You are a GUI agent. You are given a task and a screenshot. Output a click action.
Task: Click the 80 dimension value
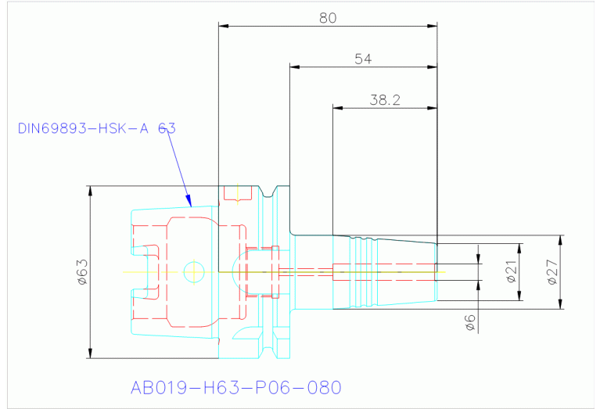tap(328, 18)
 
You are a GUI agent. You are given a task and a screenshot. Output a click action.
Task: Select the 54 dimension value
tap(363, 59)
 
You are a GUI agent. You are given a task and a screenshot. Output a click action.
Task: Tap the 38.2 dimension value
tap(385, 100)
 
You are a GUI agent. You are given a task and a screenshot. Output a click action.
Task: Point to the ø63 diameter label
tap(82, 272)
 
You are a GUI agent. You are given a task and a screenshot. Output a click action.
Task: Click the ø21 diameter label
tap(512, 272)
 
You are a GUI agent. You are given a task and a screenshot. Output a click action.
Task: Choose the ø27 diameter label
tap(552, 272)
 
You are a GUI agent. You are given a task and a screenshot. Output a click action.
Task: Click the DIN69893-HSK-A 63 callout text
tap(97, 128)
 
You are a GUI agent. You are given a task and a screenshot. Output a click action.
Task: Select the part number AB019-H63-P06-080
tap(235, 387)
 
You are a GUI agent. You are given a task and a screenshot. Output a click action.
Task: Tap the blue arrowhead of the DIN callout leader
tap(189, 200)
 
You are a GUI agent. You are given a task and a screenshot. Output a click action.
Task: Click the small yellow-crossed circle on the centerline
tap(194, 272)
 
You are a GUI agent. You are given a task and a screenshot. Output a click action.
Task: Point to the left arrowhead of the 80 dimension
tap(224, 26)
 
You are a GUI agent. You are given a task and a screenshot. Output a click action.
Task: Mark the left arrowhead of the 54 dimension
tap(295, 67)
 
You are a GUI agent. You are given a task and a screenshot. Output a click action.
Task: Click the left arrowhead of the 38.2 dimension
tap(338, 108)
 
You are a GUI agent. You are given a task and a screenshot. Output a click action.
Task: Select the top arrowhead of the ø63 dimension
tap(90, 191)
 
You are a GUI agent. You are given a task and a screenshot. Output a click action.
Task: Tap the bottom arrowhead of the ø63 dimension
tap(90, 353)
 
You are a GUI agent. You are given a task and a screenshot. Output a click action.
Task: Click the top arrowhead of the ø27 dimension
tap(561, 240)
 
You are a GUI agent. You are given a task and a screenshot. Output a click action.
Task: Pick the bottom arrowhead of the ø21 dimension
tap(519, 296)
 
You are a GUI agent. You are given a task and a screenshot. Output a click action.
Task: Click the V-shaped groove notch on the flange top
tap(269, 192)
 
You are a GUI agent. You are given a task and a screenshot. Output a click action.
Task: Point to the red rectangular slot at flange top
tap(238, 193)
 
